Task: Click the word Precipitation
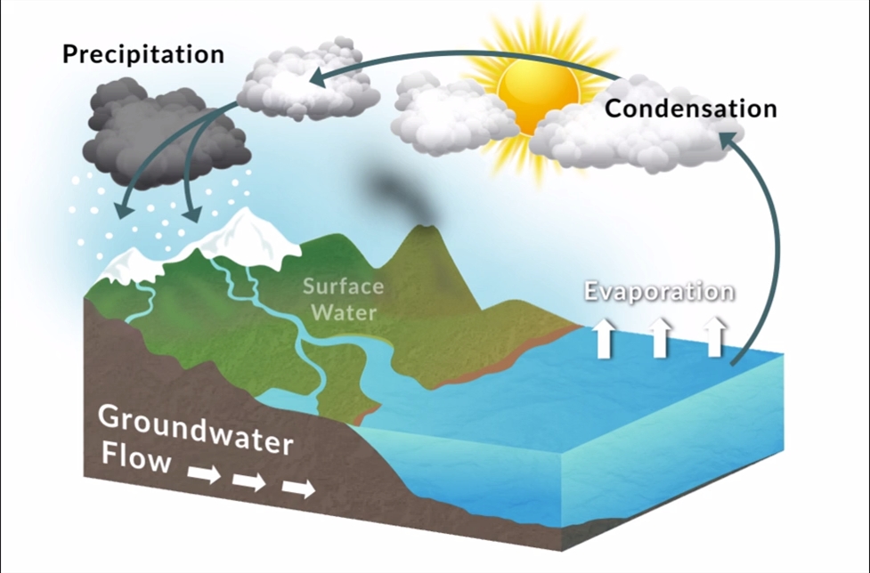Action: pos(143,54)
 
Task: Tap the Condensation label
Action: pos(691,108)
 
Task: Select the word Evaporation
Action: pos(660,292)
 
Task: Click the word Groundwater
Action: pos(195,430)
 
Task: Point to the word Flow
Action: pos(136,458)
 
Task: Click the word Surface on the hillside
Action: pos(344,286)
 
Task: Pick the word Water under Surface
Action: pos(344,312)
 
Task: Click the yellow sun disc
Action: pos(537,95)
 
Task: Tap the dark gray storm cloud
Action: pos(164,132)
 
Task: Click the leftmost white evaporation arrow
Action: pos(604,337)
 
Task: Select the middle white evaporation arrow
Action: pos(660,337)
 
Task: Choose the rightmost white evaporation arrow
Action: pos(715,337)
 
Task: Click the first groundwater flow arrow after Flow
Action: pos(204,475)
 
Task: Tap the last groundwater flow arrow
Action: pos(299,488)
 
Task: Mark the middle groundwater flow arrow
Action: pos(249,481)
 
